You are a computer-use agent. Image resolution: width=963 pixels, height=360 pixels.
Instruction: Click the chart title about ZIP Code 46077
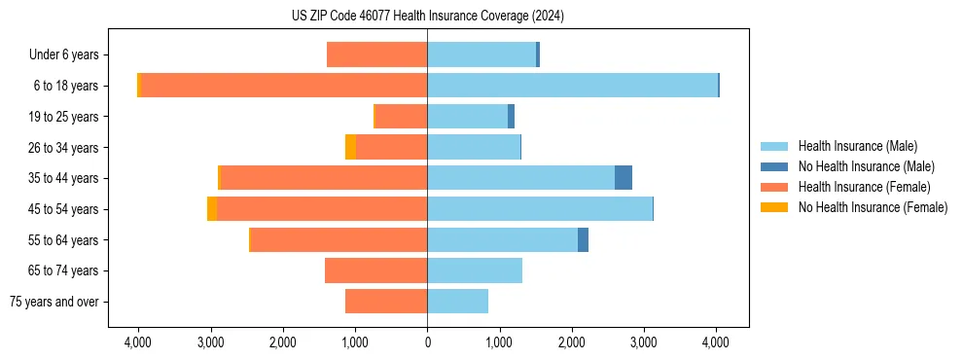[427, 17]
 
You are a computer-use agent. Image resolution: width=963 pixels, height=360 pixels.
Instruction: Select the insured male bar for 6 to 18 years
[572, 86]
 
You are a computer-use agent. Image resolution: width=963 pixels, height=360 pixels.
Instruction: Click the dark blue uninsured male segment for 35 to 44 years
[624, 178]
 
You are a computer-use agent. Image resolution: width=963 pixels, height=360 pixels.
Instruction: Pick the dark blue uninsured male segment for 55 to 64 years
[583, 239]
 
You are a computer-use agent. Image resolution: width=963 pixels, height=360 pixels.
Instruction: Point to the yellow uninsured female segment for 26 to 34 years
[350, 147]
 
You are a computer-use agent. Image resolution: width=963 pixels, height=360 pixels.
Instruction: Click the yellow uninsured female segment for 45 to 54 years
[212, 209]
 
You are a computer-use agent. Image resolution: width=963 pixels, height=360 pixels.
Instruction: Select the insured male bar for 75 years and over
[457, 302]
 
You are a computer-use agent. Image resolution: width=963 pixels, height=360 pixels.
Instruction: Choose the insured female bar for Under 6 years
[376, 54]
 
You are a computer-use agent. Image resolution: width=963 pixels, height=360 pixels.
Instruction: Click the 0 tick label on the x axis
[427, 342]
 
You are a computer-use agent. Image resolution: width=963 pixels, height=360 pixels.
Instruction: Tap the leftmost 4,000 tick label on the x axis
[138, 342]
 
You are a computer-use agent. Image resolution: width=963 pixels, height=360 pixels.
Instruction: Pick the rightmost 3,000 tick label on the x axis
[644, 342]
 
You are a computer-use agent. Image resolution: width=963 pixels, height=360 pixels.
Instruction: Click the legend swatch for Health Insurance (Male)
[774, 146]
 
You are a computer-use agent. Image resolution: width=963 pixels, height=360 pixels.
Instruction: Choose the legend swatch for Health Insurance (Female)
[774, 187]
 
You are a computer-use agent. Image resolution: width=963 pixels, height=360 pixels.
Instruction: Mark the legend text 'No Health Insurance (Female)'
[873, 207]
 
